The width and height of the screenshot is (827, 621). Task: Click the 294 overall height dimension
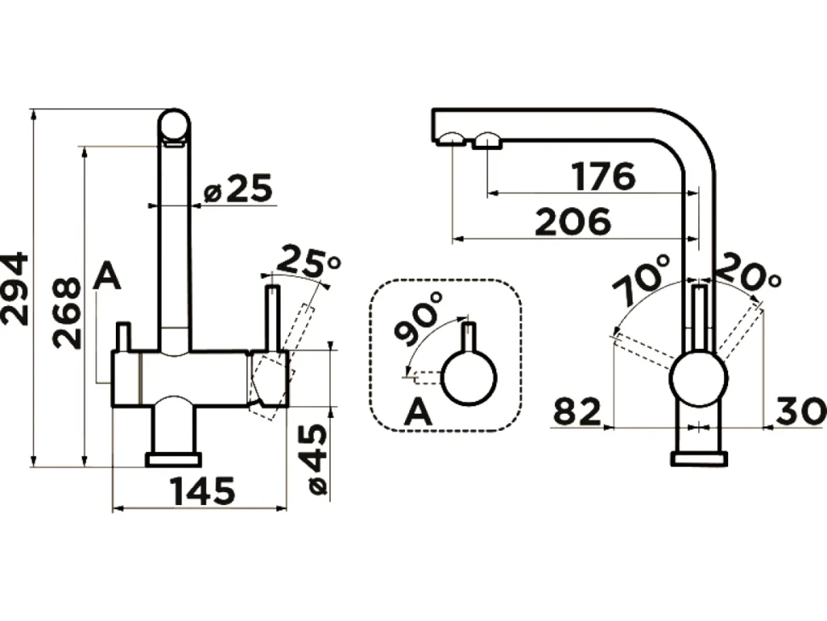tap(14, 288)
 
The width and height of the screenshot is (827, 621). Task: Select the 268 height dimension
tap(67, 313)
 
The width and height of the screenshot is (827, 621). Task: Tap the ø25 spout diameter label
tap(239, 189)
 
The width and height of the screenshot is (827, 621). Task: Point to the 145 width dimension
tap(203, 491)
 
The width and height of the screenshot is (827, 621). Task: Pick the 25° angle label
tap(309, 261)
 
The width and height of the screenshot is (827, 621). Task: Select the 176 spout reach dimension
tap(604, 177)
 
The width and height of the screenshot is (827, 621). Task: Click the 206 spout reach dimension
tap(573, 222)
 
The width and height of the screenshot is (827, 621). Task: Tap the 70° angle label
tap(641, 280)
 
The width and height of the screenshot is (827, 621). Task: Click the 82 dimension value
tap(577, 411)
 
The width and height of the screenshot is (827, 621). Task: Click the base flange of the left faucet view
tap(174, 460)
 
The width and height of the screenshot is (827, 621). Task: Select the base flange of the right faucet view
tap(699, 459)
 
